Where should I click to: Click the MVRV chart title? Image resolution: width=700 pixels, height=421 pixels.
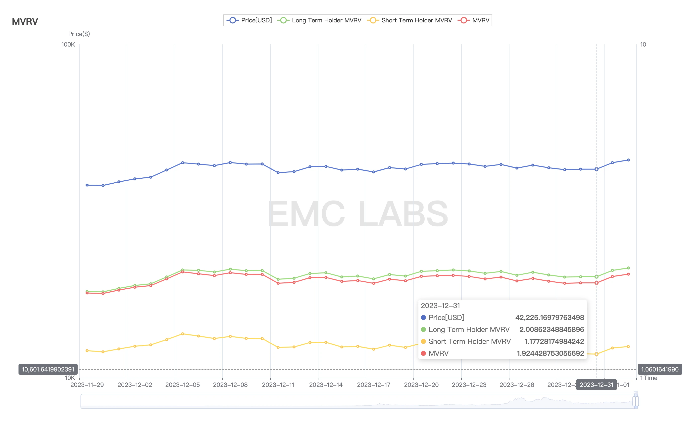pos(25,22)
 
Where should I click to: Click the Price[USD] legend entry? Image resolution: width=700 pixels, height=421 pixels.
pos(250,20)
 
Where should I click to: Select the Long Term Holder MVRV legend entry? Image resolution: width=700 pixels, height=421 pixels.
pos(320,20)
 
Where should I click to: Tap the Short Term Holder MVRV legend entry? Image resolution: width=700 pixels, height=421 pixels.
pos(410,20)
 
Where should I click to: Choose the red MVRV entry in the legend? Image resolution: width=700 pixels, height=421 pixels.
pos(474,20)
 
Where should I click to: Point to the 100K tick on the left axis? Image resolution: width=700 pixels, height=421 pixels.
pos(68,45)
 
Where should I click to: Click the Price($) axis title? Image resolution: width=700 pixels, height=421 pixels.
pos(79,34)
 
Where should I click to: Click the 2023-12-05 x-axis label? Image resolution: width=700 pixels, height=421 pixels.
pos(182,385)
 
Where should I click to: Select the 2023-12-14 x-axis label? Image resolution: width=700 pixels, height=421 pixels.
pos(326,385)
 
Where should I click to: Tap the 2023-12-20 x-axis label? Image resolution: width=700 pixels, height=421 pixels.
pos(421,385)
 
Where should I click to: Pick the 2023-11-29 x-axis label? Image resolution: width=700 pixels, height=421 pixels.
pos(87,385)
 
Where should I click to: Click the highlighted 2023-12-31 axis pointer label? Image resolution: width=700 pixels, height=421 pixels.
pos(596,385)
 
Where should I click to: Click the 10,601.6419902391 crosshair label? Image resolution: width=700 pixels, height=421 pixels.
pos(48,369)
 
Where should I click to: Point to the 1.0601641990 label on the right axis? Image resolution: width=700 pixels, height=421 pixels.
pos(660,369)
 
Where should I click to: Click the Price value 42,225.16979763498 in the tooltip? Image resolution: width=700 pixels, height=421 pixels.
pos(550,317)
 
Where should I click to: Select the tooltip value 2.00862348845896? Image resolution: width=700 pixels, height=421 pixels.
pos(551,329)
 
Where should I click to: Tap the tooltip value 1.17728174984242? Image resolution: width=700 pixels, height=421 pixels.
pos(554,341)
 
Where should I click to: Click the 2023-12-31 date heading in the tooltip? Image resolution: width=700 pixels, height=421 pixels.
pos(440,306)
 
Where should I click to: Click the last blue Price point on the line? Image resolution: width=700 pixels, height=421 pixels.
pos(628,160)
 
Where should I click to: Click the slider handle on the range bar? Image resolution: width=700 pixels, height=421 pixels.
pos(636,401)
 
